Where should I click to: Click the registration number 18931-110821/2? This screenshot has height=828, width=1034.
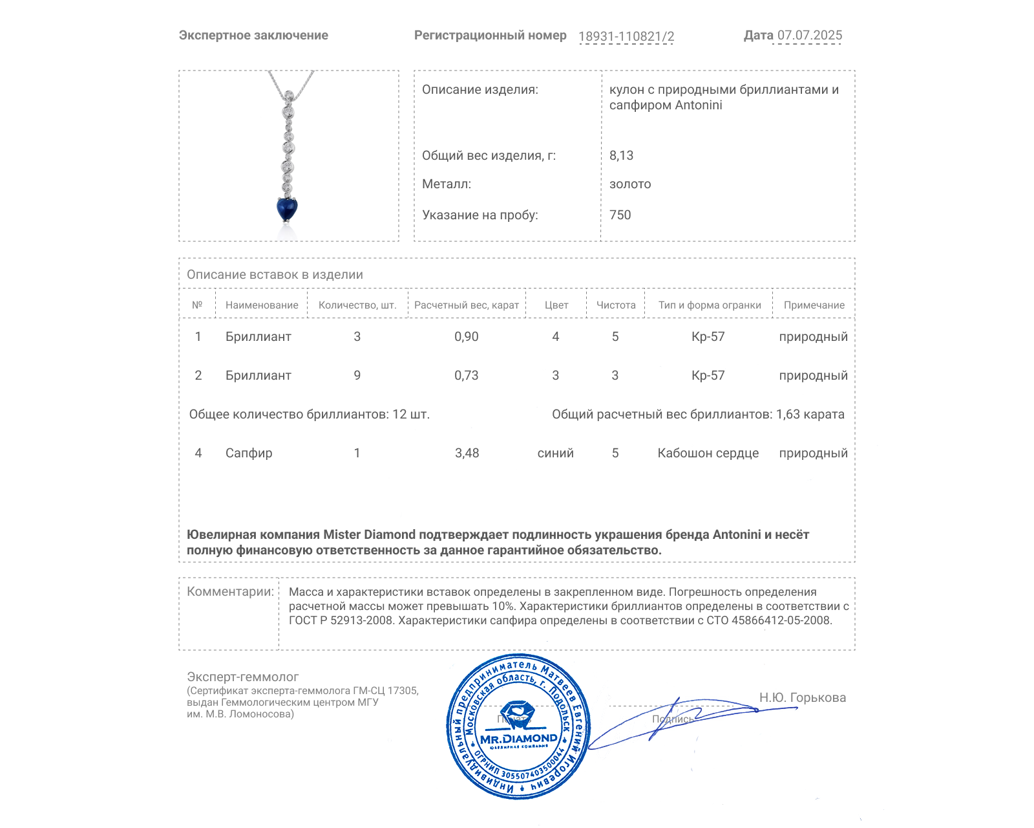pos(626,36)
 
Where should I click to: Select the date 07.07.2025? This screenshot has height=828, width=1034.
pos(809,36)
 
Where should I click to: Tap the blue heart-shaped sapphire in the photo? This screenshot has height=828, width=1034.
pos(287,209)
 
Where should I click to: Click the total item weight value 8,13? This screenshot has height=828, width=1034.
pos(621,155)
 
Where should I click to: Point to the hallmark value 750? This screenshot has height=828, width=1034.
pos(620,215)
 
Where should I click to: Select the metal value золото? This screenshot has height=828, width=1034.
pos(630,184)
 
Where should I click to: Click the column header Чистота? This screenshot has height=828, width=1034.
pos(615,305)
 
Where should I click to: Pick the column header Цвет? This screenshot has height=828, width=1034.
pos(556,305)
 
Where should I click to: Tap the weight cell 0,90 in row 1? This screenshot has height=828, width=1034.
pos(466,336)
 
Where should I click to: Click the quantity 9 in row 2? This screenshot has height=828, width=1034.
pos(357,375)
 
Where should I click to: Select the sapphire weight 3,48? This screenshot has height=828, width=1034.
pos(467,453)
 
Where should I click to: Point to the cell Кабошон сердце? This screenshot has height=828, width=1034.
pos(708,453)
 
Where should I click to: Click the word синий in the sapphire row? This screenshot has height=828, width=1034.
pos(555,453)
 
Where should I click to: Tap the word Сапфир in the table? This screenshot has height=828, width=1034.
pos(249,453)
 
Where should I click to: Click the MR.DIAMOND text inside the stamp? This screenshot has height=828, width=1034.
pos(518,739)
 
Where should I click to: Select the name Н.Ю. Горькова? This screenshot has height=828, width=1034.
pos(802,697)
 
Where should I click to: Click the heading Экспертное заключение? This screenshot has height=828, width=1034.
pos(253,36)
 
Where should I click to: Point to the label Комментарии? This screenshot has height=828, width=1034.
pos(230,591)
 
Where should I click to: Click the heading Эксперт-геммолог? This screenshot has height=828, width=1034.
pos(242,677)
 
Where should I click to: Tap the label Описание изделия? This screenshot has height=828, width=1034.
pos(480,90)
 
